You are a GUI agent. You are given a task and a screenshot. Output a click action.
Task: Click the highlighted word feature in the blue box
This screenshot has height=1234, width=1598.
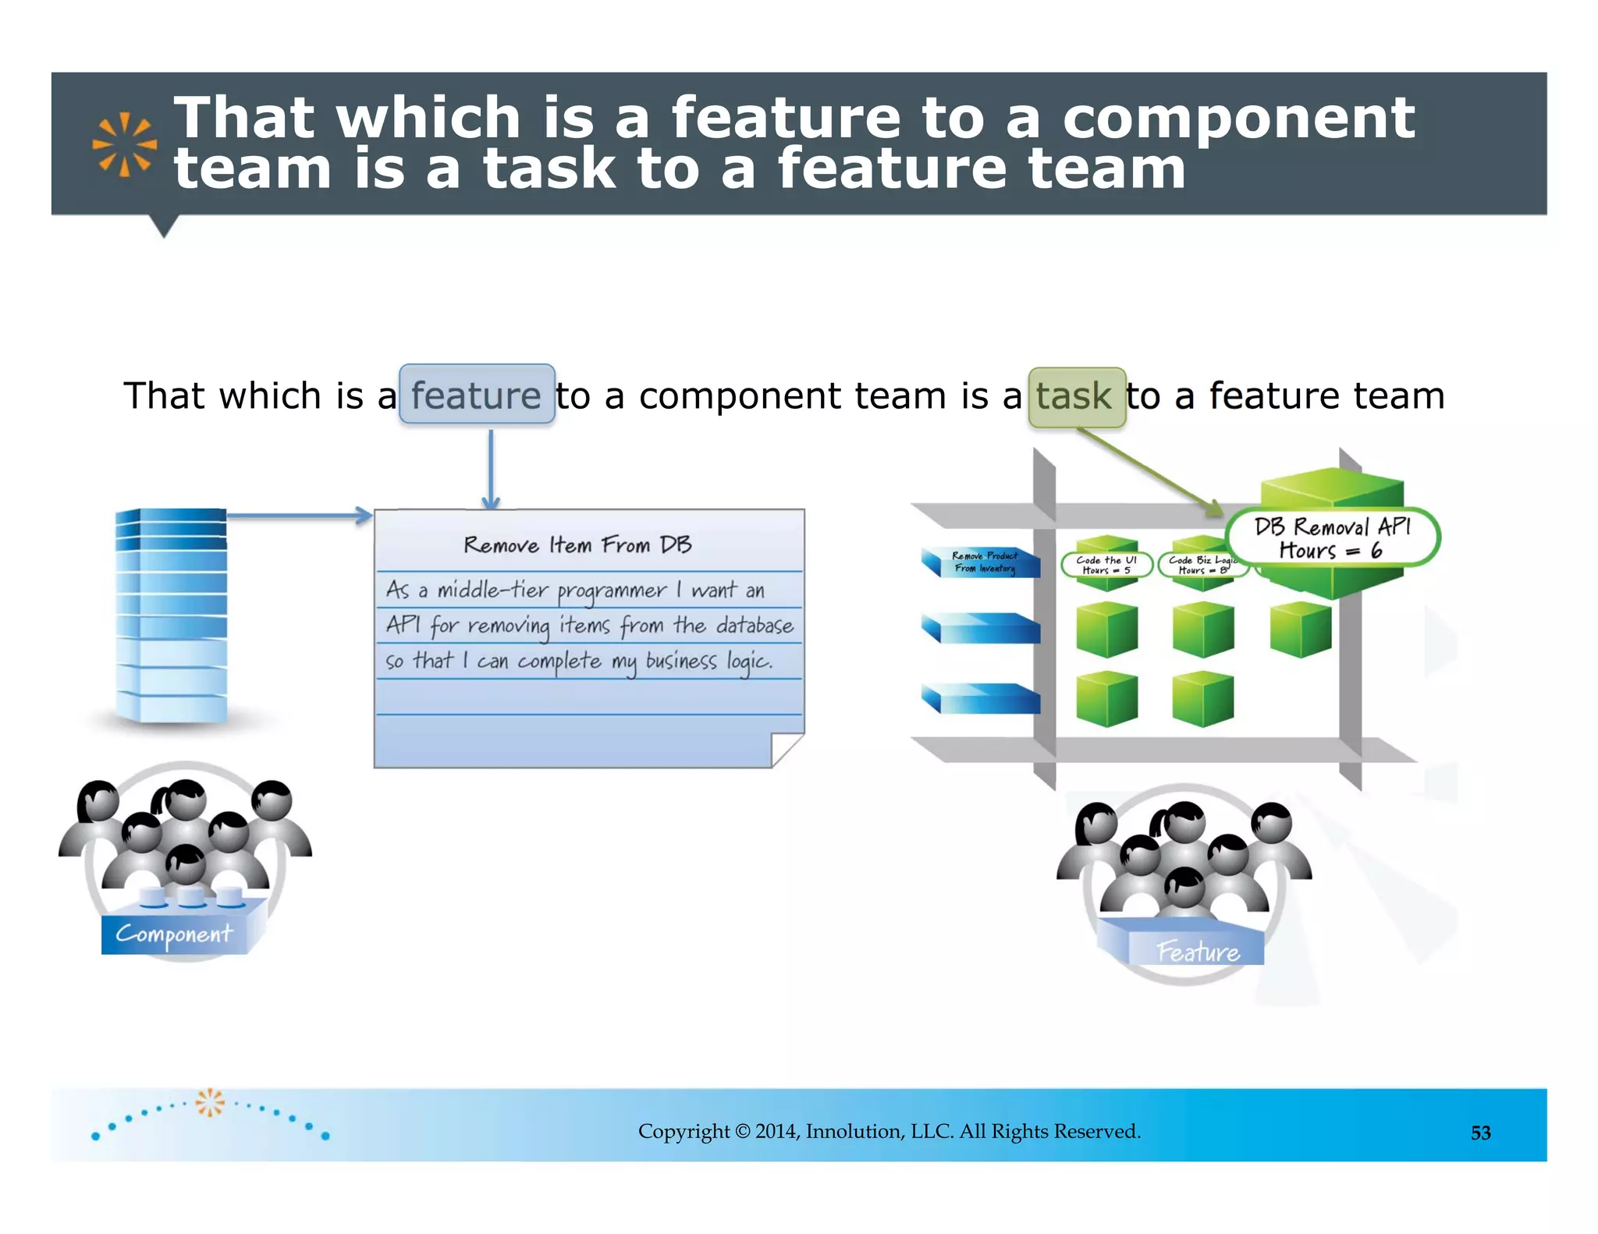click(476, 395)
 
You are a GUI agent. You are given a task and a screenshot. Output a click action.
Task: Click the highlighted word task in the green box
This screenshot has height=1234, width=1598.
click(1075, 397)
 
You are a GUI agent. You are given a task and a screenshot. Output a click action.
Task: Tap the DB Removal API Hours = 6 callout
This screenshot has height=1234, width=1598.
click(1332, 538)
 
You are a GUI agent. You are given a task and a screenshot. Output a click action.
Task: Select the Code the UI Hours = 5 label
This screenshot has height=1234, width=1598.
click(1106, 565)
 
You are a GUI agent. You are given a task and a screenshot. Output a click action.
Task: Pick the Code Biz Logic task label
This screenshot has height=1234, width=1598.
click(1202, 565)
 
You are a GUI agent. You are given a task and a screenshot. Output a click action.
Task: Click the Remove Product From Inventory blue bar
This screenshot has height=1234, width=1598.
click(984, 562)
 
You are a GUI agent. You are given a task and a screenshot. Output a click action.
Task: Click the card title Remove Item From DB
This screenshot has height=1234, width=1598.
click(577, 544)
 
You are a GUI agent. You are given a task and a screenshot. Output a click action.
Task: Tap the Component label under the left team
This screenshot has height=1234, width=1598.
click(174, 933)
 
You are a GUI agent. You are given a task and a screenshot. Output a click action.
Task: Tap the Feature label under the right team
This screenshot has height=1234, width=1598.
click(1198, 952)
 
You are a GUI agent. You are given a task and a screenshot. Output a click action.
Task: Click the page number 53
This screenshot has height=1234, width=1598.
click(1480, 1133)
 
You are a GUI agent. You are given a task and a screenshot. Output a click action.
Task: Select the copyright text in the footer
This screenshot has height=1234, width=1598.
click(889, 1131)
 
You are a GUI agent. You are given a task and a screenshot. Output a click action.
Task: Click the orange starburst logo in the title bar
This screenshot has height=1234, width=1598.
click(124, 144)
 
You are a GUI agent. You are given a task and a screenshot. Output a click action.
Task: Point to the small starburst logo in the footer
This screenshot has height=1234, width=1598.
click(209, 1102)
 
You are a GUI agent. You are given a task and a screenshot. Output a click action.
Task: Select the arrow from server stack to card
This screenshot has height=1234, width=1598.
click(297, 516)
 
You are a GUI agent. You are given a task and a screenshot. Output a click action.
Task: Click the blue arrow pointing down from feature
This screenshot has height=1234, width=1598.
click(491, 468)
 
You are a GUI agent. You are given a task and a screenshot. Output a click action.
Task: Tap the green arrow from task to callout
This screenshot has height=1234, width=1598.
click(1151, 472)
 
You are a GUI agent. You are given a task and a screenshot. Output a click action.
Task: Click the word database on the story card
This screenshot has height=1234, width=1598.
click(754, 626)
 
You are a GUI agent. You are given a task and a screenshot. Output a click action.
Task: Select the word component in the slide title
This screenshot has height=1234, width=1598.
click(1238, 118)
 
